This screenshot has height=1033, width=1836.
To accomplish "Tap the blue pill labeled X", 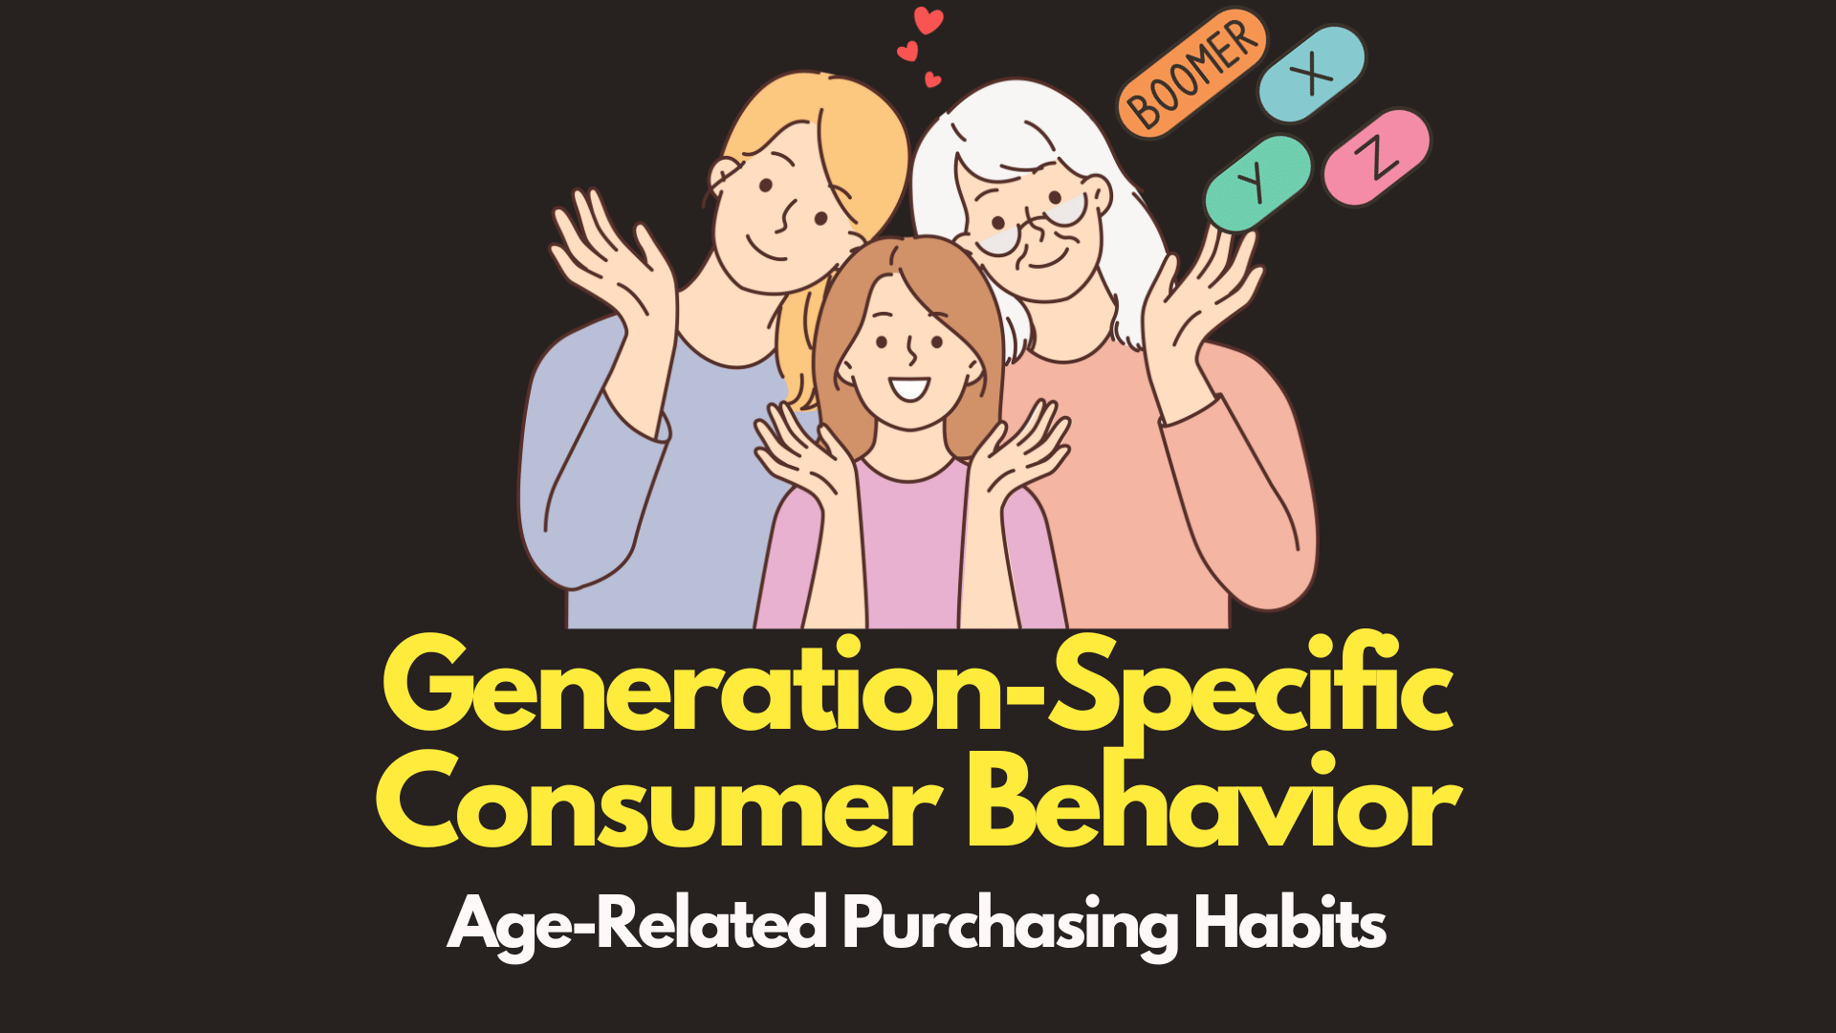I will pyautogui.click(x=1312, y=74).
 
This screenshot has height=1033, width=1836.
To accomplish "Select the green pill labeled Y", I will pyautogui.click(x=1257, y=182).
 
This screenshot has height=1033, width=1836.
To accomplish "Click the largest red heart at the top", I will pyautogui.click(x=928, y=20).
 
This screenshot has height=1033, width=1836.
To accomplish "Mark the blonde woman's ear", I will pyautogui.click(x=723, y=177).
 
